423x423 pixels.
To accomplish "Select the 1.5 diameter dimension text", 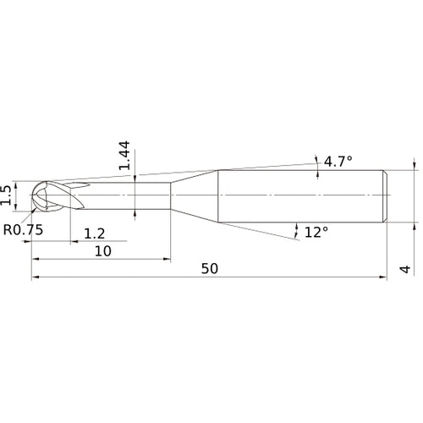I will (x=8, y=195).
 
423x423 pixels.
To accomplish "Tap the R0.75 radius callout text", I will (x=24, y=229).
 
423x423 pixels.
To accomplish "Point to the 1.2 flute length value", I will (x=94, y=233).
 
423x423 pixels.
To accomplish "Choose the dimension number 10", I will (x=102, y=252).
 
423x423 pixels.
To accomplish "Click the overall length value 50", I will (x=210, y=268).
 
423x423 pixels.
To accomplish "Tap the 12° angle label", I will (x=316, y=232).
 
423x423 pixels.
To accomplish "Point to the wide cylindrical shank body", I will (x=300, y=196).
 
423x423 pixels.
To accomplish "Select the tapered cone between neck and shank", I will (x=195, y=196).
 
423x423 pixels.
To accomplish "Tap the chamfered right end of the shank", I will (x=386, y=196).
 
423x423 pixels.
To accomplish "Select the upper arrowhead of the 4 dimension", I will (x=414, y=166).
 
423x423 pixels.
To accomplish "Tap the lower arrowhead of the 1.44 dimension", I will (x=136, y=211).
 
